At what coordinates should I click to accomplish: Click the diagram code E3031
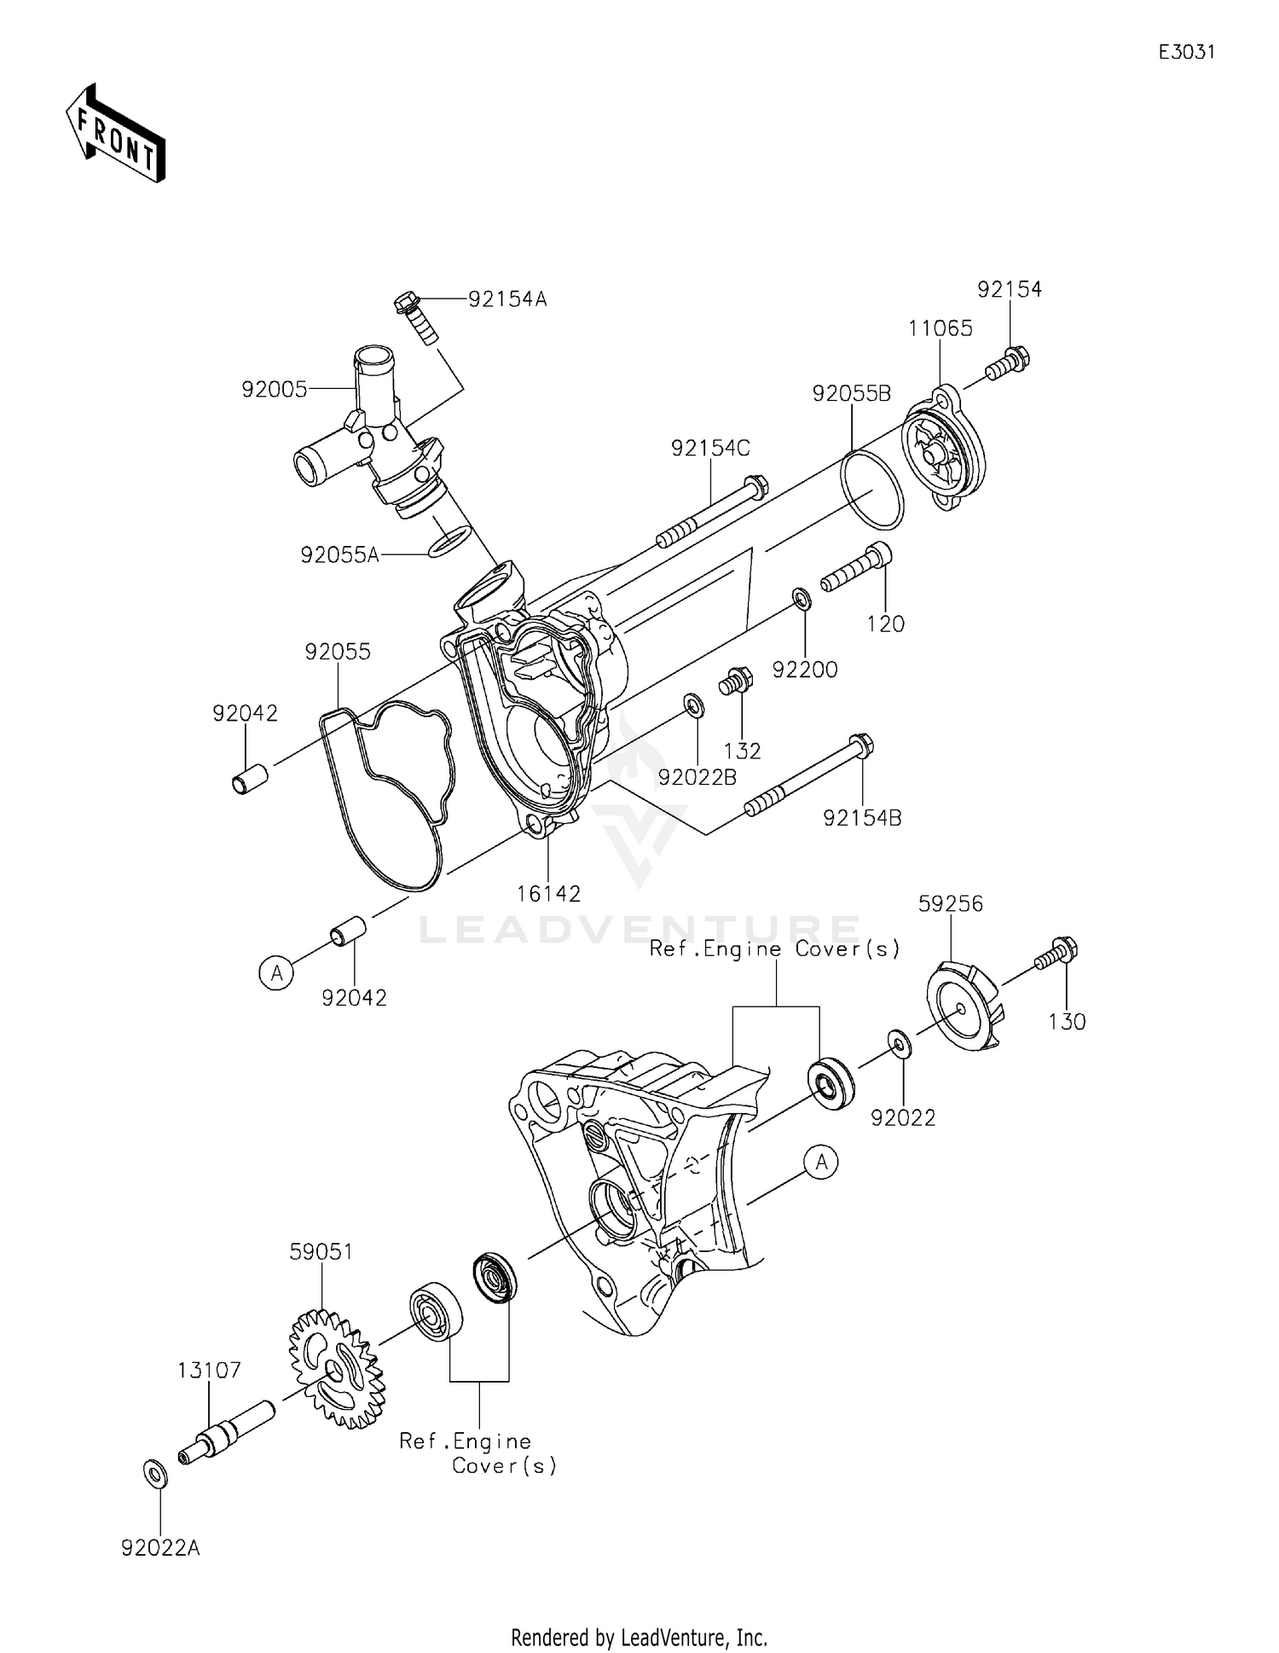pyautogui.click(x=1186, y=52)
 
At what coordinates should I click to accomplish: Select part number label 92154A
pyautogui.click(x=507, y=299)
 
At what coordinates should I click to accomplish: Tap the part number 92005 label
pyautogui.click(x=274, y=390)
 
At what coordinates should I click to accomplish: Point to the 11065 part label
pyautogui.click(x=940, y=328)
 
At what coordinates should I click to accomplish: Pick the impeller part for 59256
pyautogui.click(x=965, y=1006)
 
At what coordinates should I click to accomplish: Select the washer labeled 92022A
pyautogui.click(x=154, y=1473)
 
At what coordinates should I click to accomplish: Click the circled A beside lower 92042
pyautogui.click(x=276, y=972)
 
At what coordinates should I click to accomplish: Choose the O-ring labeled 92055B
pyautogui.click(x=871, y=491)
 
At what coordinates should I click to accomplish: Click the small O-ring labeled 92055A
pyautogui.click(x=449, y=541)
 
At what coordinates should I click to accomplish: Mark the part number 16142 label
pyautogui.click(x=548, y=894)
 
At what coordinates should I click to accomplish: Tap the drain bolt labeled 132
pyautogui.click(x=736, y=681)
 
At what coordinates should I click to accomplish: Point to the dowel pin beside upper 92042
pyautogui.click(x=250, y=780)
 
